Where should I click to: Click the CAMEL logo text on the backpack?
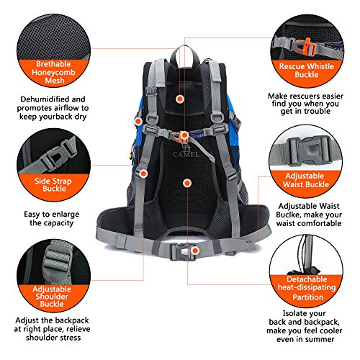pyautogui.click(x=186, y=154)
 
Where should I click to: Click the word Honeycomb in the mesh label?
pyautogui.click(x=53, y=72)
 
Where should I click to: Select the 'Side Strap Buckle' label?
pyautogui.click(x=53, y=184)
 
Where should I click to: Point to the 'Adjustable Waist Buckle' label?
pyautogui.click(x=306, y=180)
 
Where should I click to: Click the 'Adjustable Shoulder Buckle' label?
pyautogui.click(x=52, y=297)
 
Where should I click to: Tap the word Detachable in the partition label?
pyautogui.click(x=307, y=279)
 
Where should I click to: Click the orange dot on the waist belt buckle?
pyautogui.click(x=195, y=251)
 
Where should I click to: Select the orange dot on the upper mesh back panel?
pyautogui.click(x=179, y=99)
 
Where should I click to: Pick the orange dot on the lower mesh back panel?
pyautogui.click(x=187, y=184)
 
